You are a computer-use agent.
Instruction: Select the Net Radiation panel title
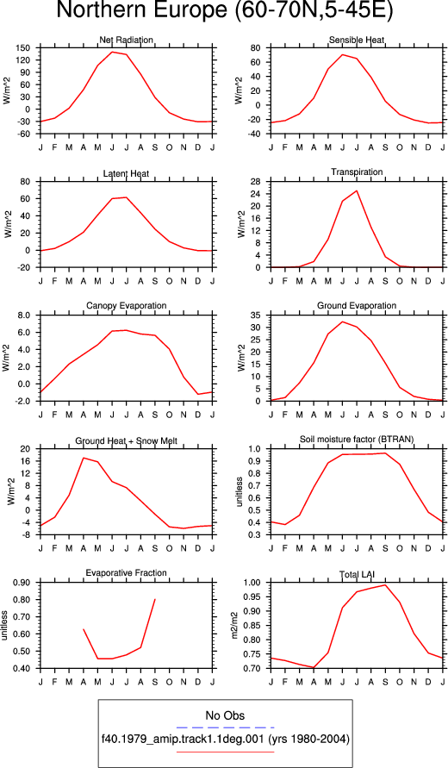point(126,40)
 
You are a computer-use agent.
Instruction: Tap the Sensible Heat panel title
point(357,40)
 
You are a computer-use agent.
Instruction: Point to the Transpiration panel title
point(357,172)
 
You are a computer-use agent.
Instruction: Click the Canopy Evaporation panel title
point(127,306)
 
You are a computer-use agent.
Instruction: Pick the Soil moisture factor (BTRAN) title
point(357,440)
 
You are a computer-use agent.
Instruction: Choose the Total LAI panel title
point(357,573)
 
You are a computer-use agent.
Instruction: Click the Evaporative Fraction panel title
point(127,573)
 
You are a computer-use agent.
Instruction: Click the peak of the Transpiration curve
point(357,190)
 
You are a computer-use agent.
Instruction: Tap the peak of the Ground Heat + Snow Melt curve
point(84,458)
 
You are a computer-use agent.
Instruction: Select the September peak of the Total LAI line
point(385,584)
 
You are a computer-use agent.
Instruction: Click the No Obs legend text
point(225,715)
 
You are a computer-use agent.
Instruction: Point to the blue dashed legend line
point(225,727)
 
